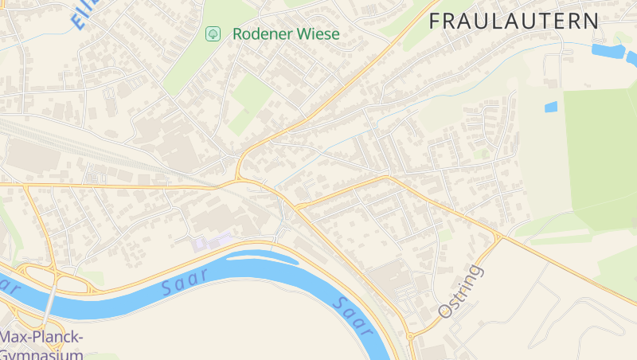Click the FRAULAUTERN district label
tap(514, 22)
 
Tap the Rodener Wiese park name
tap(286, 34)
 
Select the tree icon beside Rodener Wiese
tap(213, 33)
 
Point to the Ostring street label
tap(460, 292)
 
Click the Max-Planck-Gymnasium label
tap(41, 345)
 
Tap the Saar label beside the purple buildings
tap(185, 282)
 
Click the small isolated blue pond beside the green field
tap(550, 107)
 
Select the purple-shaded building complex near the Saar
tap(211, 240)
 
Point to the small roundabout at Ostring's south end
tap(411, 336)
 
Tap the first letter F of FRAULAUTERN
tap(436, 22)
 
